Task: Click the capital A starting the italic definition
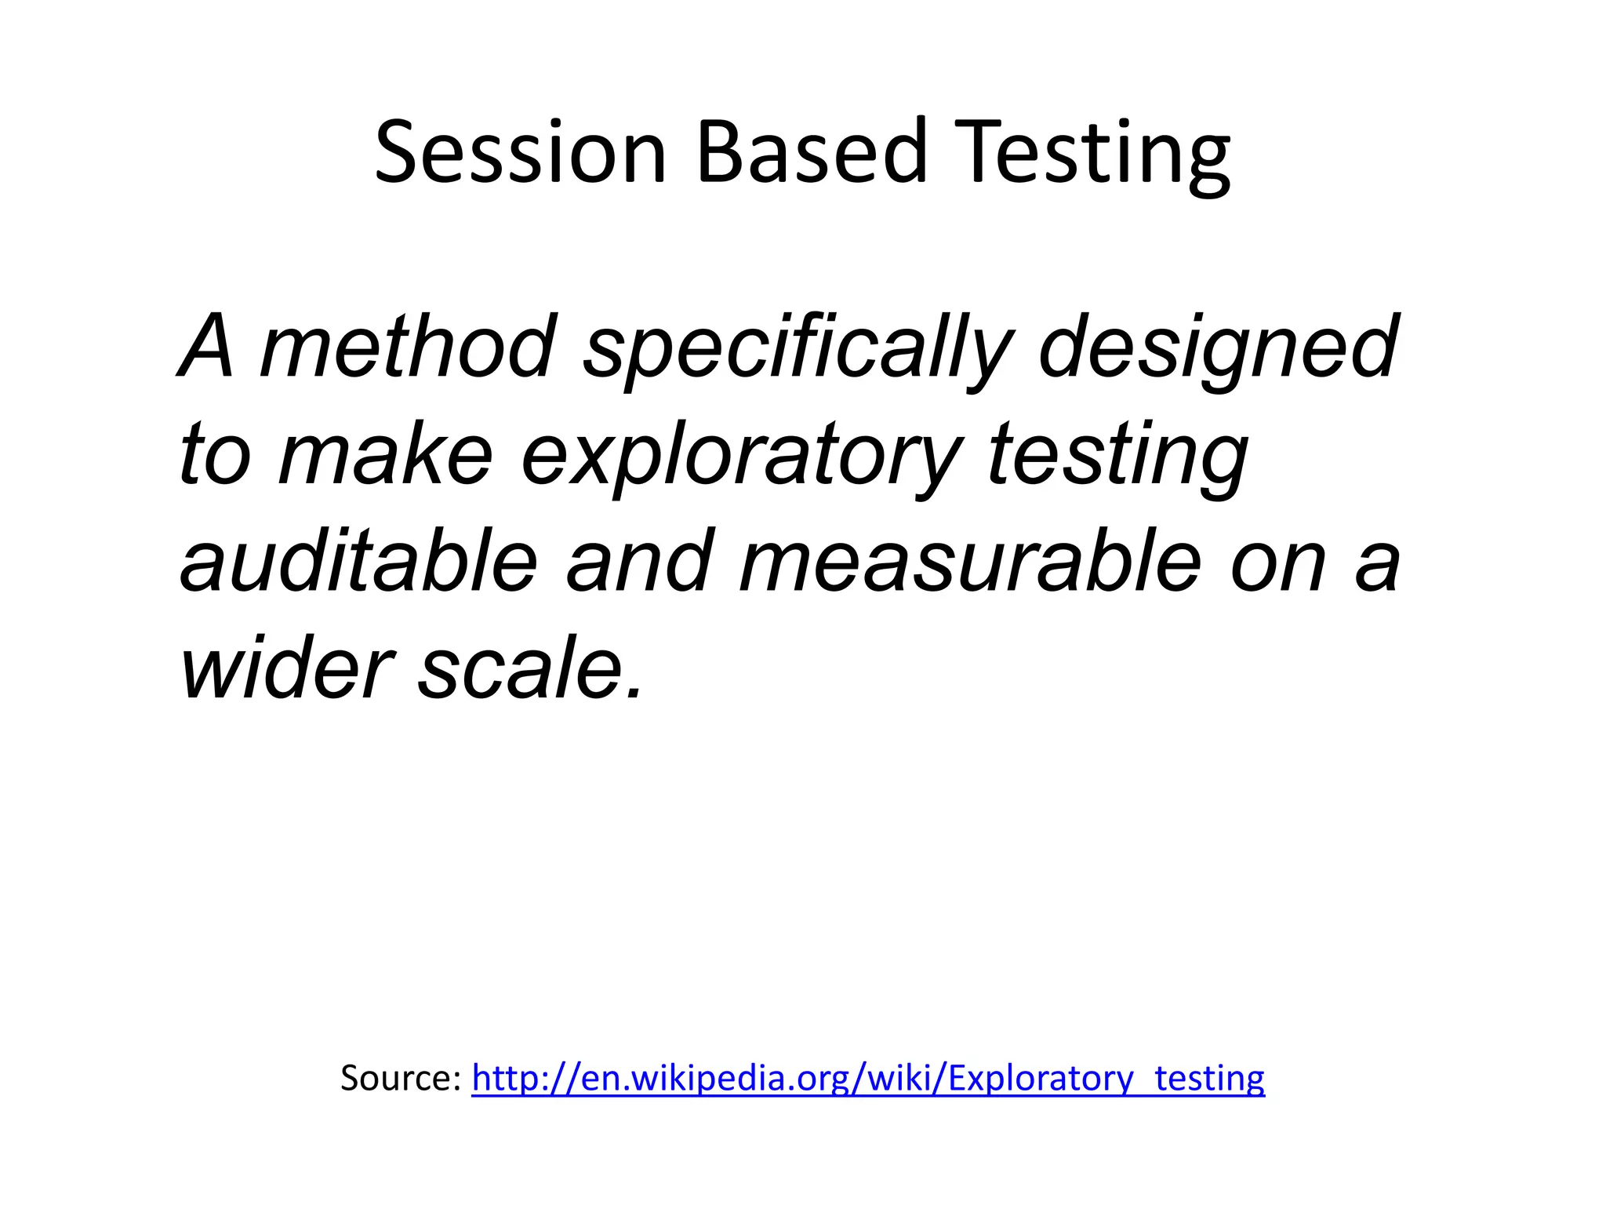pos(206,347)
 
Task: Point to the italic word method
pos(407,347)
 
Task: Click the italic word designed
pos(1218,349)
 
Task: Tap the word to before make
pos(214,455)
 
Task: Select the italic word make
pos(385,455)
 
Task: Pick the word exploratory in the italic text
pos(740,457)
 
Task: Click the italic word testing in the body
pos(1117,457)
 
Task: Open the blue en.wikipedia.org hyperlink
pos(867,1078)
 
